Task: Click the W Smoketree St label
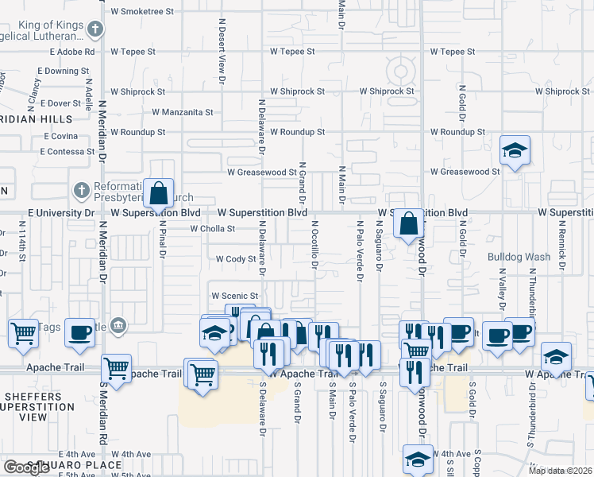point(142,12)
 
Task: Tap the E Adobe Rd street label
point(72,52)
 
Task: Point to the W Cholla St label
point(212,229)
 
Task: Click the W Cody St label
point(236,258)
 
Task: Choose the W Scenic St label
point(235,296)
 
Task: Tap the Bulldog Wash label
point(519,257)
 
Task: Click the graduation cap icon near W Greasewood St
point(515,149)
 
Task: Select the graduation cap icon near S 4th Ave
point(418,459)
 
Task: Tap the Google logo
point(26,467)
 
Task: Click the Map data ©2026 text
point(559,471)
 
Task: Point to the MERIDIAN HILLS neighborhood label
point(36,119)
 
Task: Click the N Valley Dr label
point(501,291)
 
